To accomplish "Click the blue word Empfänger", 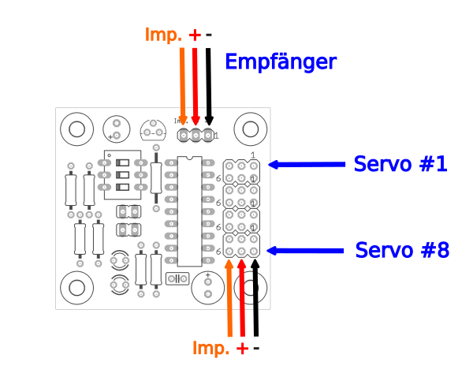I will click(281, 62).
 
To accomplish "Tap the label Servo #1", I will click(400, 164).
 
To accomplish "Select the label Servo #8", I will click(401, 250).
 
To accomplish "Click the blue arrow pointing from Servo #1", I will click(307, 165).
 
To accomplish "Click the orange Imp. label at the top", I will click(163, 35).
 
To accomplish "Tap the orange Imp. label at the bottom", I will click(211, 349).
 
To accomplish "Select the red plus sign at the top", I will click(196, 35).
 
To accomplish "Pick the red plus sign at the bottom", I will click(242, 349).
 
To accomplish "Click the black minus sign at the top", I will click(209, 35).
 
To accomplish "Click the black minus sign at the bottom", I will click(256, 349).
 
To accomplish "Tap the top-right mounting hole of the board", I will click(250, 129).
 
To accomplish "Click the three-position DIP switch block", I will click(122, 175).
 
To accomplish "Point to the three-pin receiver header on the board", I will click(196, 136).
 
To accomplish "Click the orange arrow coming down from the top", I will click(183, 83).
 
